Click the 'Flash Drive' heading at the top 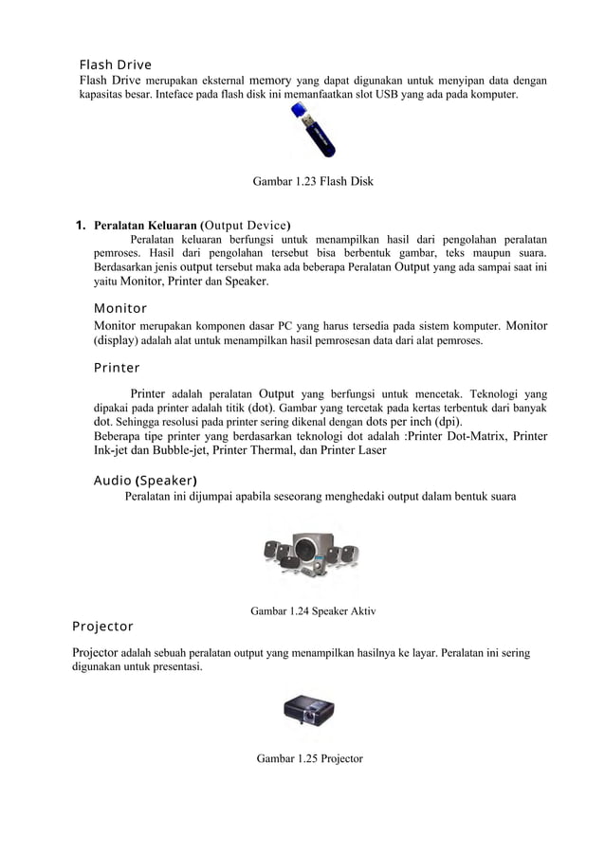point(115,64)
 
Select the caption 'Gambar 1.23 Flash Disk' point(312,180)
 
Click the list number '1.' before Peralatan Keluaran point(82,226)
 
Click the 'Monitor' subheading point(120,308)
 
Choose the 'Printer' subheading point(117,367)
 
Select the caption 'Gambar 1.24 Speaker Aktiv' point(312,611)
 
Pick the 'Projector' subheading point(102,627)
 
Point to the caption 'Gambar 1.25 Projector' point(309,758)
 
